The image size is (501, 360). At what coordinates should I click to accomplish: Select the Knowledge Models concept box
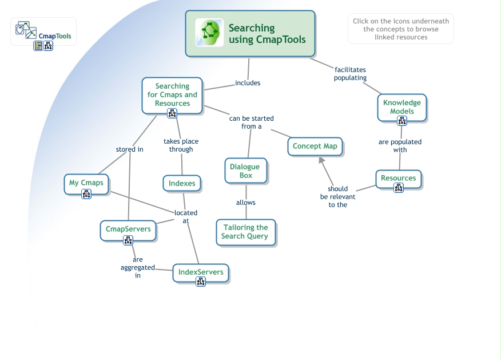point(401,106)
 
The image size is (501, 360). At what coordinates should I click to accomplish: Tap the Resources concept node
point(398,177)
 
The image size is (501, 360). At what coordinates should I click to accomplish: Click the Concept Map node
point(315,146)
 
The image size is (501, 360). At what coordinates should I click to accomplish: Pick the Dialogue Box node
point(245,171)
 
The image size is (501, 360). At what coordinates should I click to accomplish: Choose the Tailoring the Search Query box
point(245,232)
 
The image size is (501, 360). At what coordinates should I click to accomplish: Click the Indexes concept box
point(182,183)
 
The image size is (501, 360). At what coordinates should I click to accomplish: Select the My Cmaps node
point(86,183)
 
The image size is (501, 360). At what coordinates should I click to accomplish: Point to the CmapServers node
point(128,229)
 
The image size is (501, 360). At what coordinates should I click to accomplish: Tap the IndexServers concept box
point(200,272)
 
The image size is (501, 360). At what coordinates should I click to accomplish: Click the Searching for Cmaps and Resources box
point(172,94)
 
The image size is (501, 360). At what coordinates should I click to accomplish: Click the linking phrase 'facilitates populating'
point(350,74)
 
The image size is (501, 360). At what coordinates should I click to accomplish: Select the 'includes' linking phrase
point(248,83)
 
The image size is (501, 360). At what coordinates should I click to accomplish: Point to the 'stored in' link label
point(129,149)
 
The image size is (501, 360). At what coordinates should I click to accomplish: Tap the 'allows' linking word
point(246,203)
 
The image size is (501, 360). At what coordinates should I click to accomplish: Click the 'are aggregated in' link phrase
point(137,267)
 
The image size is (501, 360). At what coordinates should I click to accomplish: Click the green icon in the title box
point(209,32)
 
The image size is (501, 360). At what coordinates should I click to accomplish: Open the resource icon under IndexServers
point(201,282)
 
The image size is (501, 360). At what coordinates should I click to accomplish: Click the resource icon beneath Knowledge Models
point(402,121)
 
